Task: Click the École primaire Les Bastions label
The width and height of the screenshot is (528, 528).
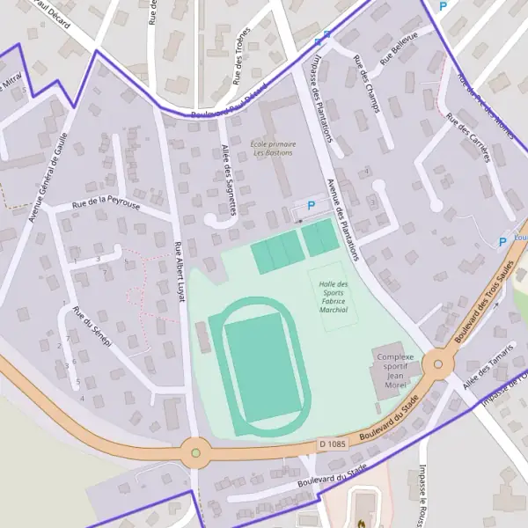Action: pyautogui.click(x=273, y=148)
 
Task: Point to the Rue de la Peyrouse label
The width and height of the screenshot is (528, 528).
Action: pyautogui.click(x=106, y=204)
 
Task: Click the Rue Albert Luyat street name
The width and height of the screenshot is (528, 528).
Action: pyautogui.click(x=180, y=272)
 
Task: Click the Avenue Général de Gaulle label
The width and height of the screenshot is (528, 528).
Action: pyautogui.click(x=48, y=183)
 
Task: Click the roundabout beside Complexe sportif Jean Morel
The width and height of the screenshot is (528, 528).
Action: pyautogui.click(x=437, y=363)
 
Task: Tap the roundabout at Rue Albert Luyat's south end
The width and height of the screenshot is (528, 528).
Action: pyautogui.click(x=195, y=453)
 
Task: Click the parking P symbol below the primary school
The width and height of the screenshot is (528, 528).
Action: pyautogui.click(x=311, y=206)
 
